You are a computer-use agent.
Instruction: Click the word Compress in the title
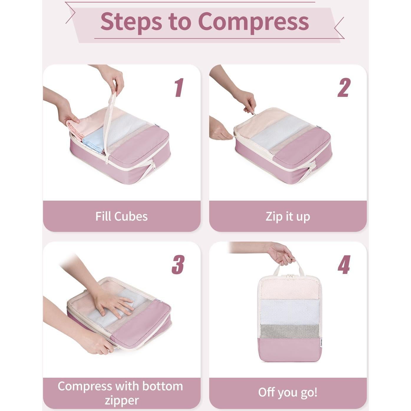tap(253, 22)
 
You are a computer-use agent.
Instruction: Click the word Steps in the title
tap(131, 22)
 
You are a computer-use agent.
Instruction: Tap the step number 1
tap(179, 88)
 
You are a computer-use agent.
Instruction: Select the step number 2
tap(344, 88)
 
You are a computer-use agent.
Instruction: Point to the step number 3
tap(178, 265)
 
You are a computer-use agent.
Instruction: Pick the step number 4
tap(344, 265)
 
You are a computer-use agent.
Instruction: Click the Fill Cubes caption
tap(121, 216)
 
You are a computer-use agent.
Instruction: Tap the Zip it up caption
tap(288, 216)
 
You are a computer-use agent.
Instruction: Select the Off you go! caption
tap(288, 392)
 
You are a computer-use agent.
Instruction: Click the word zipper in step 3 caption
tap(121, 400)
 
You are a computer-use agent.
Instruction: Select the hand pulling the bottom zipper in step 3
tap(96, 343)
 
